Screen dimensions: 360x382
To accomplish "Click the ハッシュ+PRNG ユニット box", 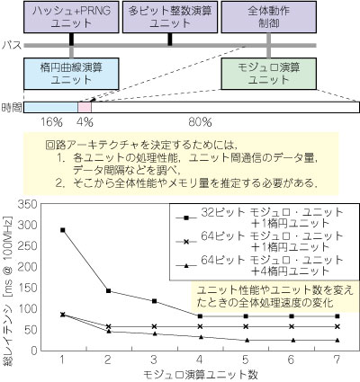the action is coord(71,17).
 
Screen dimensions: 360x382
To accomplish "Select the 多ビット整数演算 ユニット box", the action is coord(170,17).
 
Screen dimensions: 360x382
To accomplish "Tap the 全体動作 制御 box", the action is coord(269,17).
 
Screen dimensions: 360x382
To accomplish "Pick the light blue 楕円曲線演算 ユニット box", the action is coord(71,74).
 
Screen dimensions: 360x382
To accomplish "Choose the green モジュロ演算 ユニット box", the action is coord(269,74).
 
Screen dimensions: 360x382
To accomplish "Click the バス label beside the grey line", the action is coord(12,45).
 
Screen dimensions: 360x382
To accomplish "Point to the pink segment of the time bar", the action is coord(85,107).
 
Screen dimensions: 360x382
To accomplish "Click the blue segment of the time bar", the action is coord(51,107).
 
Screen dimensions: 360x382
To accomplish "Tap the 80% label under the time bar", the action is coord(200,122).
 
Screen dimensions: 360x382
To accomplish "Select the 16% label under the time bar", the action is coord(51,122).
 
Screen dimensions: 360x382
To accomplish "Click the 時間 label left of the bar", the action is coord(12,107).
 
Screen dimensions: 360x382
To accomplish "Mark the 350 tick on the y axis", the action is coord(27,204).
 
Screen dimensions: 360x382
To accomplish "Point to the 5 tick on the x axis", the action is coord(246,360).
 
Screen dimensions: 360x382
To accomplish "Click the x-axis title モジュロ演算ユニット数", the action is coord(201,374).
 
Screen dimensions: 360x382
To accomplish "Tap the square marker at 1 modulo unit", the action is coord(63,230).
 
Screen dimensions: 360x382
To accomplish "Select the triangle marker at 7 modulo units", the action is coord(337,340).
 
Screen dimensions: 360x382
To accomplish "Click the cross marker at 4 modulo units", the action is coord(200,326).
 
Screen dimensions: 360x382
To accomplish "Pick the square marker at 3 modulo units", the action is coord(155,301).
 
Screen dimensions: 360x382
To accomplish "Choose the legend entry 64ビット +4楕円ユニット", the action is coord(260,265).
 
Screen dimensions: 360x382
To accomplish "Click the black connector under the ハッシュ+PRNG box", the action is coord(71,40).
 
